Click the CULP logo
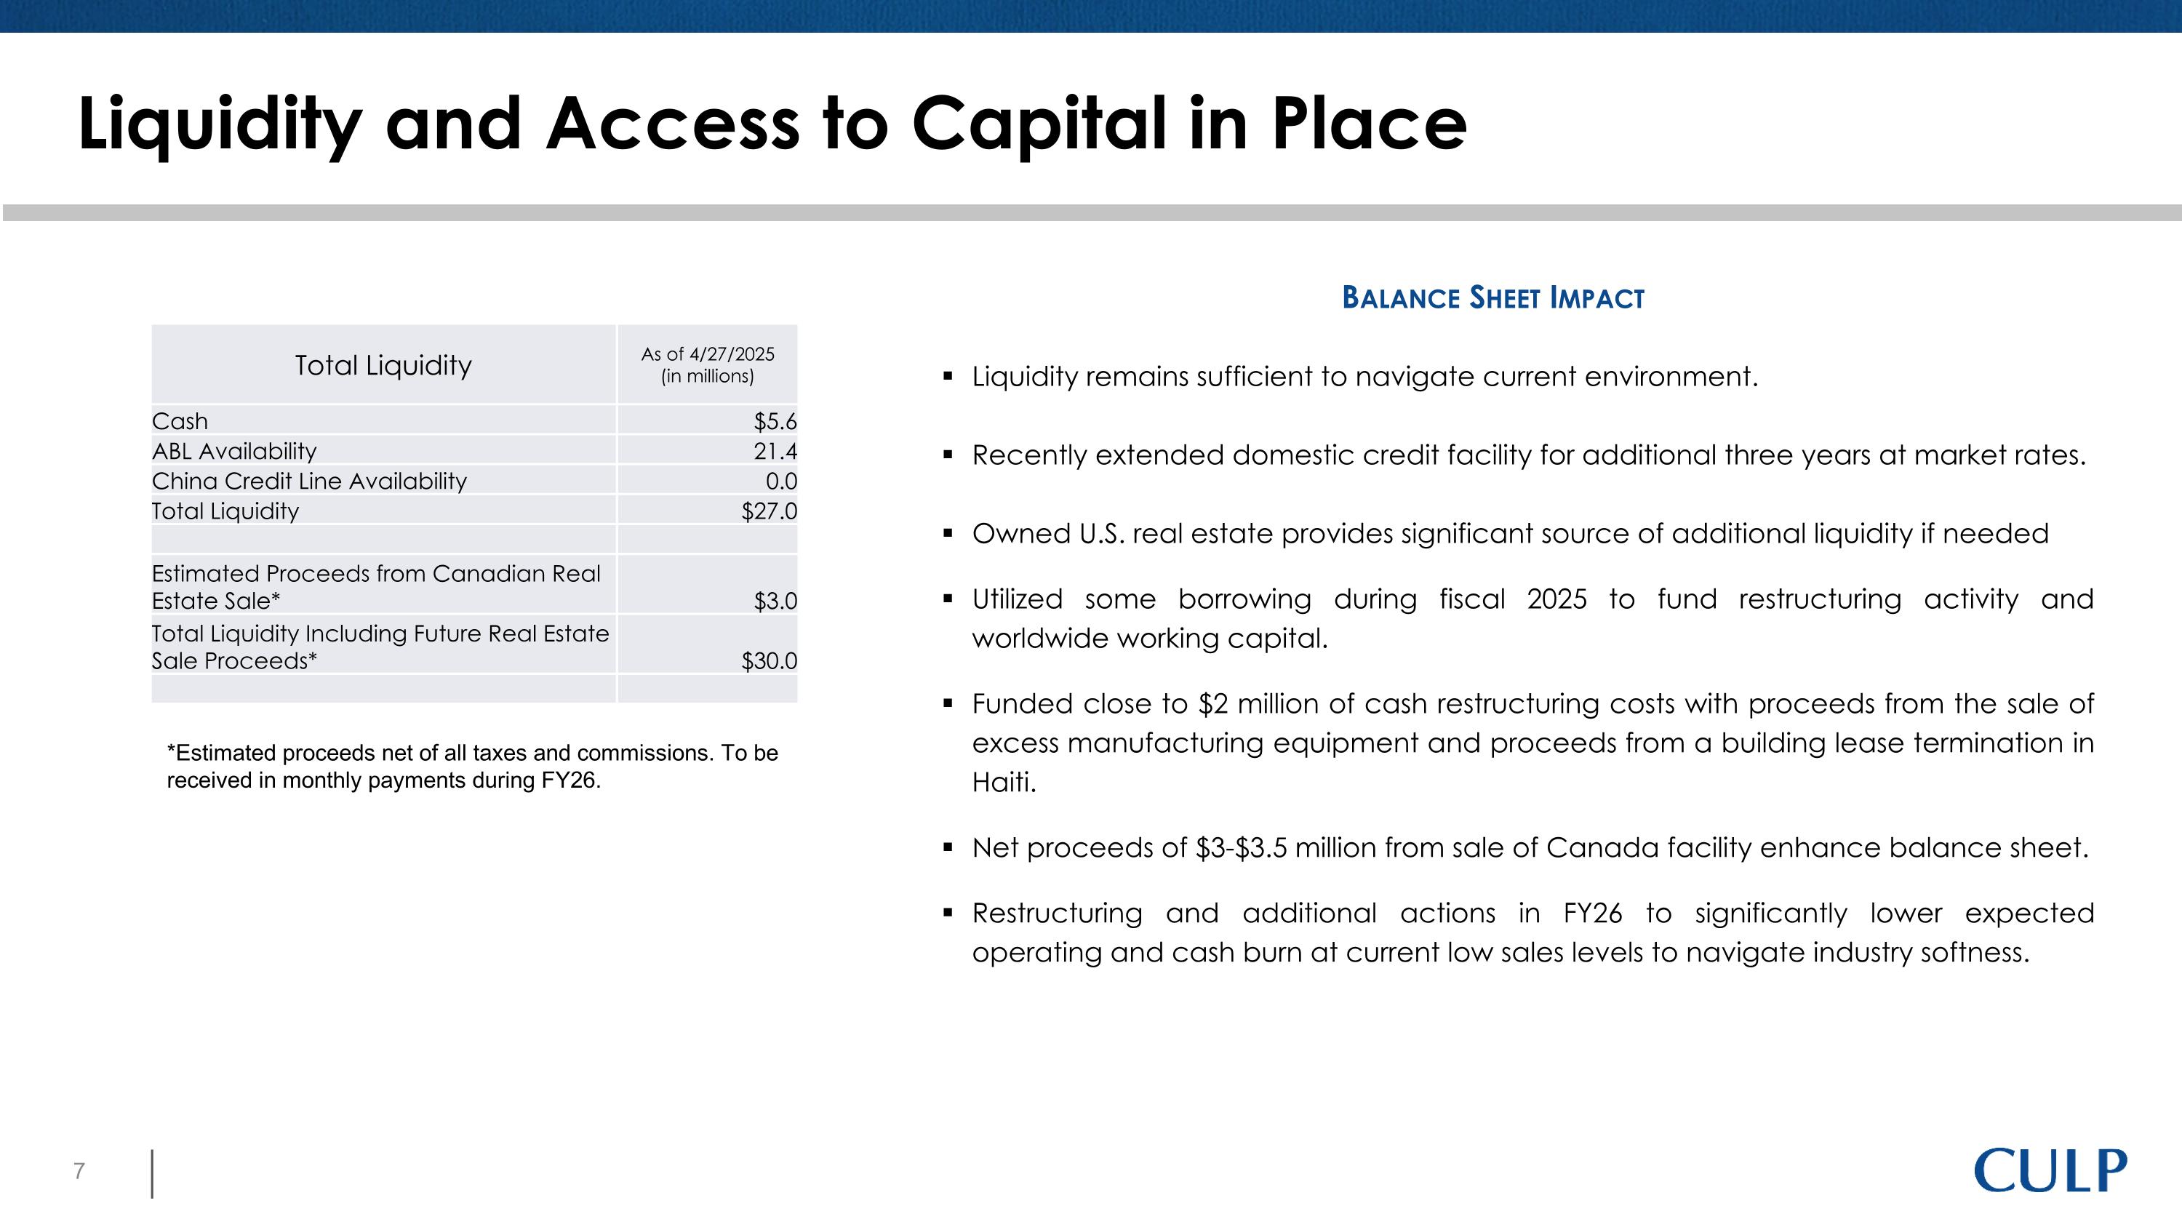2050,1171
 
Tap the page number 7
79,1171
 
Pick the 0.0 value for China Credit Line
781,481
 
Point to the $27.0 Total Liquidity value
768,511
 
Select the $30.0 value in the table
768,661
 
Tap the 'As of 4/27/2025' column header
707,355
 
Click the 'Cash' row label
180,421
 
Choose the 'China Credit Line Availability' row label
309,481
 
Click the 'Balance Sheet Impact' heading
1492,298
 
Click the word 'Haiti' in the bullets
1004,783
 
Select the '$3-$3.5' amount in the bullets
1241,847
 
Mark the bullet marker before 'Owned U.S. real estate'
948,533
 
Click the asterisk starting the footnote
172,751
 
